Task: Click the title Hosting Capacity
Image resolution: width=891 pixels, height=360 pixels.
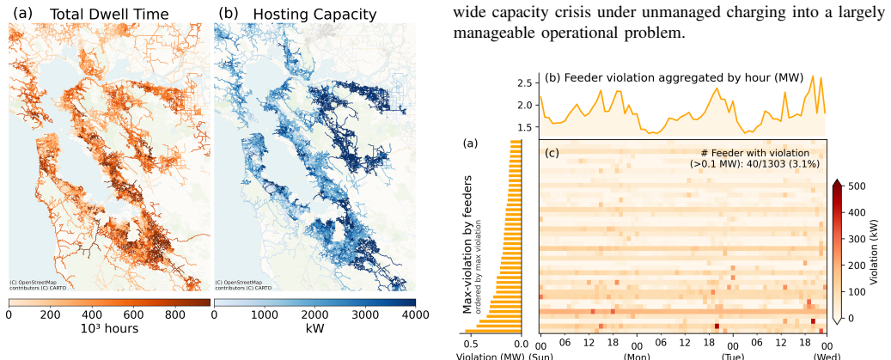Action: [314, 15]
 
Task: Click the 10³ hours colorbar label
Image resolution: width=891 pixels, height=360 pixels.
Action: [109, 328]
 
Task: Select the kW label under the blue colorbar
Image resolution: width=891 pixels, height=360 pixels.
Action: [314, 328]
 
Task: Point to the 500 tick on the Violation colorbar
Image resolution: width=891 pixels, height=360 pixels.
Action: [857, 186]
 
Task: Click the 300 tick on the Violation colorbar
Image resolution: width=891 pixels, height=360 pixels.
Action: [857, 239]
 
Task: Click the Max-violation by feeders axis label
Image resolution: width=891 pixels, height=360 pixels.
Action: [467, 243]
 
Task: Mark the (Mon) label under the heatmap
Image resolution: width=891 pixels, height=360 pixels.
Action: [637, 356]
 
